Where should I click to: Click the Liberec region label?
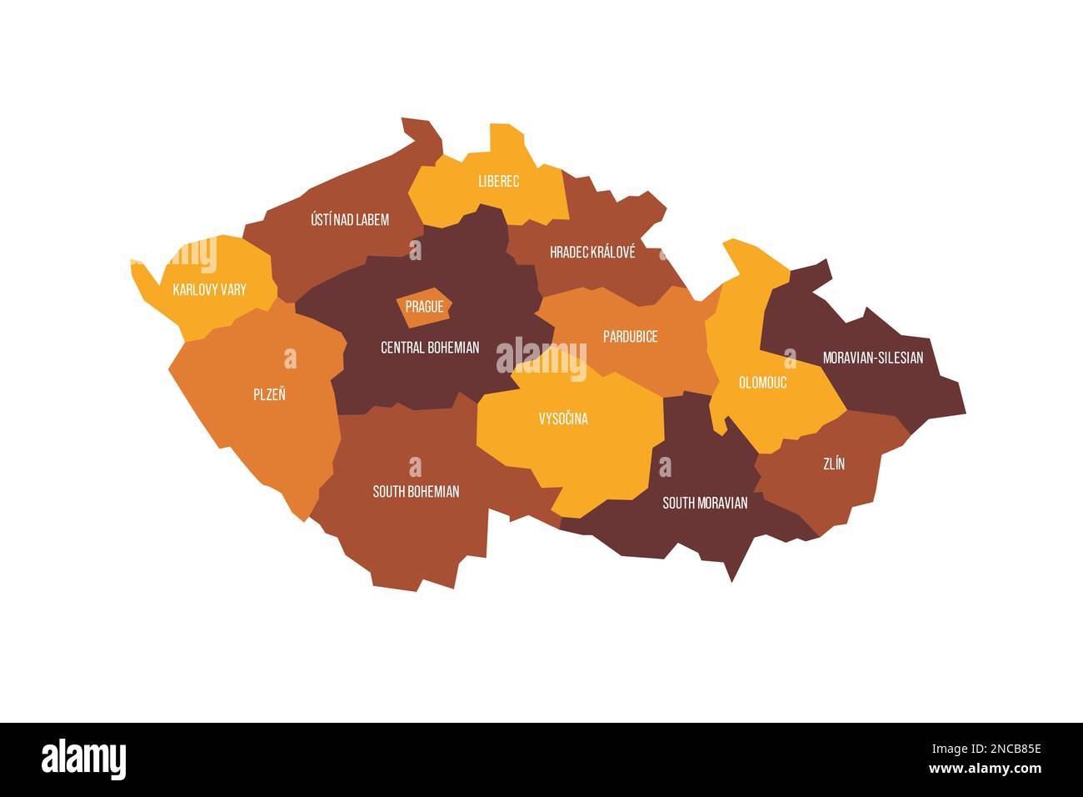[499, 181]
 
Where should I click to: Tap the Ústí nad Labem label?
[350, 220]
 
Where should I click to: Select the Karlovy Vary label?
[209, 290]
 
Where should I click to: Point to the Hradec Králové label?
[592, 252]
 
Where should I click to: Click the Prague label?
[424, 307]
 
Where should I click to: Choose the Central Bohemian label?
[430, 347]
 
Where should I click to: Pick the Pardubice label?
[631, 337]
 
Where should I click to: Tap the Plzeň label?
[269, 394]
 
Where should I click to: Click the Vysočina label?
[563, 419]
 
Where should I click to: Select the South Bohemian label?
[416, 492]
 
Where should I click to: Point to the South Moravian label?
[705, 503]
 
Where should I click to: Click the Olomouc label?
[762, 383]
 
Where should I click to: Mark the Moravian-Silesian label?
[873, 358]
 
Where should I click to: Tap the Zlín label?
[834, 464]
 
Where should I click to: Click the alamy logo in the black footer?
[84, 759]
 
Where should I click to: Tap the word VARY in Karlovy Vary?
[232, 290]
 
